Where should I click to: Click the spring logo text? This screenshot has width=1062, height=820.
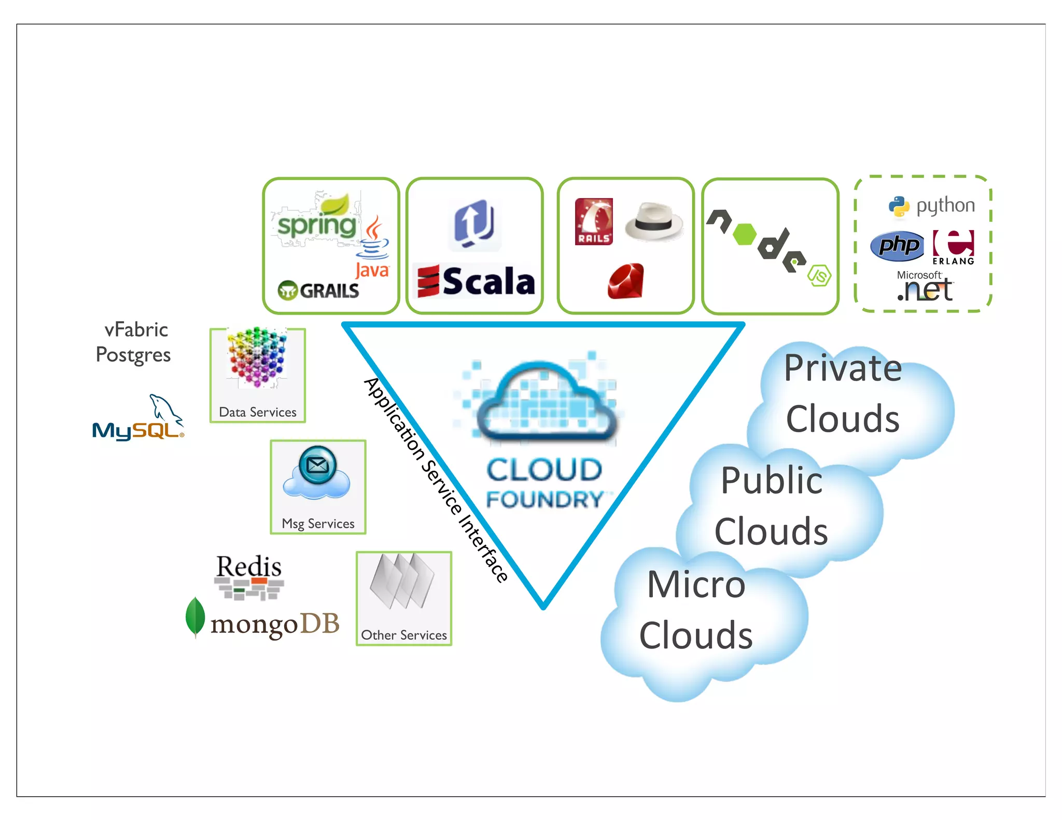tap(317, 225)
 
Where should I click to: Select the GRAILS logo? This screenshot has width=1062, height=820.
tap(318, 291)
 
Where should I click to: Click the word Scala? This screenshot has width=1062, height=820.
tap(488, 281)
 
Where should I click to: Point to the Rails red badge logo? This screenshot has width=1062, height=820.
tap(594, 221)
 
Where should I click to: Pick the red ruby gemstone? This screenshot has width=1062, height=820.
tap(626, 281)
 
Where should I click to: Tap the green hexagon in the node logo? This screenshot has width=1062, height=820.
tap(745, 234)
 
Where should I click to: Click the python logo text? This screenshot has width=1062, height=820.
tap(945, 206)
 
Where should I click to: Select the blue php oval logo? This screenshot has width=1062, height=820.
tap(898, 245)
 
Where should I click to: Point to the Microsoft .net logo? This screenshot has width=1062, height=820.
tap(925, 287)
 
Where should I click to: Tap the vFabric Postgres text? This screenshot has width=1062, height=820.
tap(134, 342)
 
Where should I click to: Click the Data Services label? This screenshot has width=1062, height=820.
tap(258, 412)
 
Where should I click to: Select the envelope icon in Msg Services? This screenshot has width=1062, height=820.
tap(317, 465)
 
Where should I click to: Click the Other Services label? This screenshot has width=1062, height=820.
tap(403, 635)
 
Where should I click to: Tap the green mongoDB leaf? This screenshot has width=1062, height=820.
tap(195, 616)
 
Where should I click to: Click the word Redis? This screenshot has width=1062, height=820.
tap(249, 566)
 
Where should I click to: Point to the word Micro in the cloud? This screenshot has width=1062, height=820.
tap(696, 584)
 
